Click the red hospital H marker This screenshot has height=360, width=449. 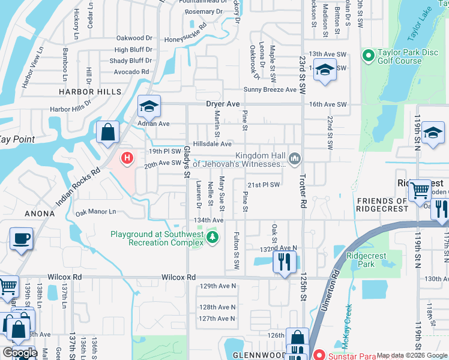point(127,158)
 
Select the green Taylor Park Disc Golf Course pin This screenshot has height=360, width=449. point(369,56)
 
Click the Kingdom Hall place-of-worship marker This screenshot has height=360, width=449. point(294,158)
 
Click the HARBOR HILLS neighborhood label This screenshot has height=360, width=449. point(89,92)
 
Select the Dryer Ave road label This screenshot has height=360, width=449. point(223,104)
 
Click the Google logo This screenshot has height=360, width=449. point(20,353)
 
